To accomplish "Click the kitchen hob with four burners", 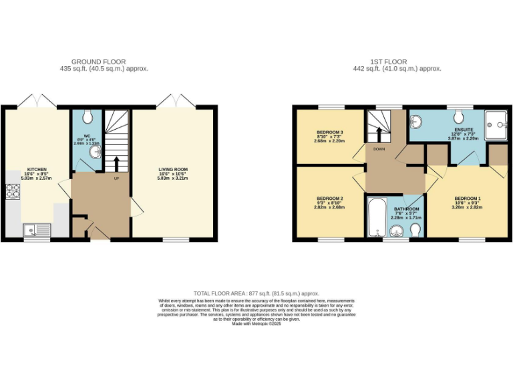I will click(x=13, y=192).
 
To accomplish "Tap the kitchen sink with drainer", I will click(x=36, y=231).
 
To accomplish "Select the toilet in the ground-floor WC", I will click(x=87, y=118).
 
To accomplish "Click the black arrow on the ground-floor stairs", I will click(x=117, y=163).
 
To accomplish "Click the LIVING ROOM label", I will click(x=173, y=169).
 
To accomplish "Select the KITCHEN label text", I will click(x=36, y=169).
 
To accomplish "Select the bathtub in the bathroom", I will click(x=375, y=217).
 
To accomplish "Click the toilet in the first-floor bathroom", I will click(x=415, y=231).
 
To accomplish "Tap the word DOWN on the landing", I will click(x=380, y=149).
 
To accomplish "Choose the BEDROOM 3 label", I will click(x=329, y=132).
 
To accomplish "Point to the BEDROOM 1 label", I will click(x=467, y=199).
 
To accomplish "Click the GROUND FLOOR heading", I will click(x=99, y=61).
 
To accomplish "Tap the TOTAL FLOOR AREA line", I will click(x=256, y=293).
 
